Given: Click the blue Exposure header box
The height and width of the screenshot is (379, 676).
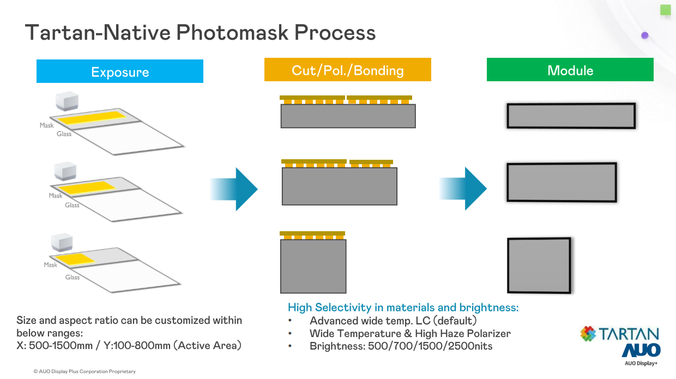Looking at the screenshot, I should coord(119,71).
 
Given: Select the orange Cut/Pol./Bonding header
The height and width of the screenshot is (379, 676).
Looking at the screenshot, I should coord(347,70).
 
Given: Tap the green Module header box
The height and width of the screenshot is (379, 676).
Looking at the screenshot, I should coord(570,70).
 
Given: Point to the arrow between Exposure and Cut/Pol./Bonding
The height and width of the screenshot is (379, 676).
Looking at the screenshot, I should coord(234,189).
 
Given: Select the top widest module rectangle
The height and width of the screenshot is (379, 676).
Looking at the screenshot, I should coord(571,116).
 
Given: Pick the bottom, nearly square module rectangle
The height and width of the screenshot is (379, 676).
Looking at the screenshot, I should coord(539,266).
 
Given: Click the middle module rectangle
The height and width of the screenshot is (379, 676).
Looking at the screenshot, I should coord(561,182).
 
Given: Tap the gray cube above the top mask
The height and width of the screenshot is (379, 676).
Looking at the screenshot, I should coord(67,102).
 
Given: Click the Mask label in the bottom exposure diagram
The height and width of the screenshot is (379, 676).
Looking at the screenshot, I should coord(51,265).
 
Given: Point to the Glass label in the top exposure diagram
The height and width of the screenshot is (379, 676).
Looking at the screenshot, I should coord(64,134).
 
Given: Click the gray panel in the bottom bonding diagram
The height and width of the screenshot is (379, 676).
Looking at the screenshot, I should coord(313,267).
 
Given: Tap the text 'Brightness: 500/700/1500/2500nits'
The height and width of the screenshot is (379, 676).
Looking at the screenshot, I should coord(401,346).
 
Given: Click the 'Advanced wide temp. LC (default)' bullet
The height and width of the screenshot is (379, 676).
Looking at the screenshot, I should coord(393,321).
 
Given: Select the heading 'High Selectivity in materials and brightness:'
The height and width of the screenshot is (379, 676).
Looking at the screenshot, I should coord(403,308).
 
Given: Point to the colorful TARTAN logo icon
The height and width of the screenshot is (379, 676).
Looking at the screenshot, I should coord(588,334).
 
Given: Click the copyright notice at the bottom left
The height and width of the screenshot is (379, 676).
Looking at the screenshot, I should coord(84,371).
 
